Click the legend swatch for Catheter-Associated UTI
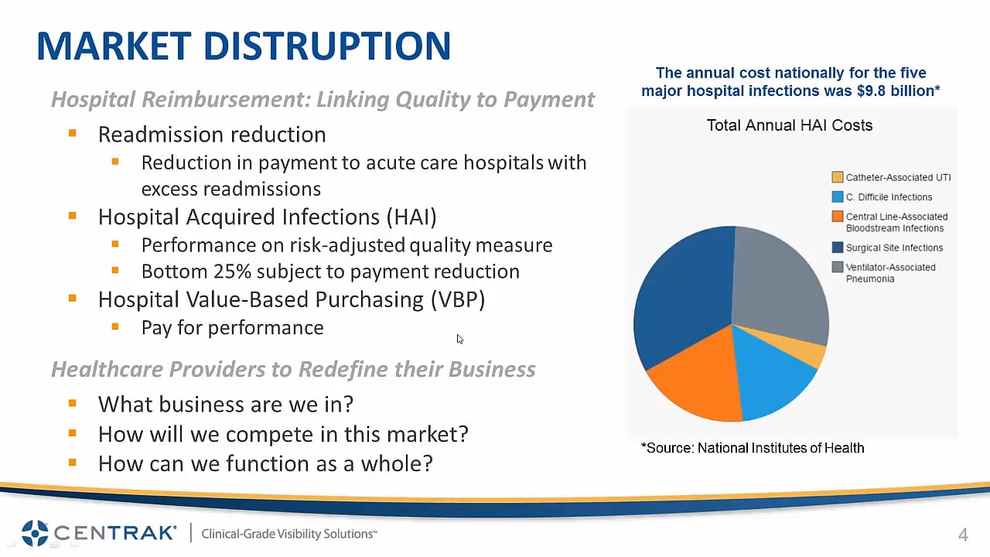[837, 177]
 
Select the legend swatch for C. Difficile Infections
[837, 196]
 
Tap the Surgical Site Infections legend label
[894, 248]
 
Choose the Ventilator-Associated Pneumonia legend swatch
[837, 267]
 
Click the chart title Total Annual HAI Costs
[790, 125]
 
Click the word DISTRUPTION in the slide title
[327, 46]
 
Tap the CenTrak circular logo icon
[35, 533]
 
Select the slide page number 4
[963, 535]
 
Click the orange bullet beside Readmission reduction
[73, 132]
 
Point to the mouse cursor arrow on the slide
[459, 339]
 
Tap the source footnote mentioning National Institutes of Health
[753, 448]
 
